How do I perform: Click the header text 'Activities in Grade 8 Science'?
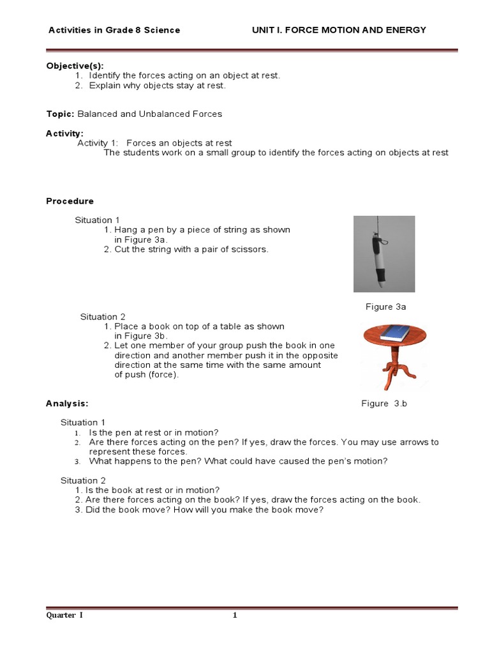click(x=114, y=30)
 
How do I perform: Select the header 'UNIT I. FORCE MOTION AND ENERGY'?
click(x=338, y=30)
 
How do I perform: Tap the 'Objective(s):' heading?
click(x=74, y=65)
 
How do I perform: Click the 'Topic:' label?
click(x=60, y=114)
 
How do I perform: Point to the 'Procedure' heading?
click(x=70, y=201)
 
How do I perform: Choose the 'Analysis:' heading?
click(x=67, y=403)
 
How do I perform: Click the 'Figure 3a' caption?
click(x=385, y=307)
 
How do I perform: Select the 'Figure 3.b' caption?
click(x=383, y=403)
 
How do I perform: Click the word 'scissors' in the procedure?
click(x=251, y=249)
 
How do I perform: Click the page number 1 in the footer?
click(x=235, y=615)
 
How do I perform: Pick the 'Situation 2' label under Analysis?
click(x=83, y=480)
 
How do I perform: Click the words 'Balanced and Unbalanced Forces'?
click(x=150, y=114)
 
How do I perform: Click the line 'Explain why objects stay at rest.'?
click(x=157, y=85)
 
